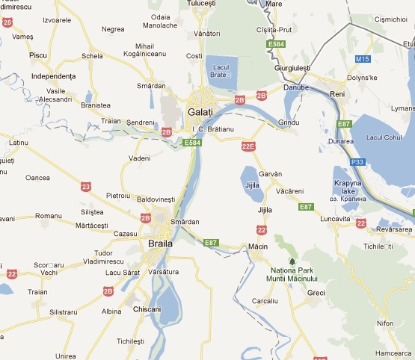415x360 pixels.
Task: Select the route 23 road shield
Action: click(86, 186)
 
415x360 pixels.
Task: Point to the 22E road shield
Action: click(249, 146)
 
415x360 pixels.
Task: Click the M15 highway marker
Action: click(363, 58)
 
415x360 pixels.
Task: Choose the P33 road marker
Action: click(357, 161)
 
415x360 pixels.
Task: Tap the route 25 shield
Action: click(7, 23)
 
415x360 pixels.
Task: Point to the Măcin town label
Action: click(258, 246)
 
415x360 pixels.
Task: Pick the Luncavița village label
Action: click(334, 218)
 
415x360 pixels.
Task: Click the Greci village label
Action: click(316, 293)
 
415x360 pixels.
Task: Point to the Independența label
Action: click(54, 76)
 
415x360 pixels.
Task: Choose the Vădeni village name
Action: click(139, 158)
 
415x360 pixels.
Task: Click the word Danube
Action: click(296, 88)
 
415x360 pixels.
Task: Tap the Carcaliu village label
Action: click(265, 300)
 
